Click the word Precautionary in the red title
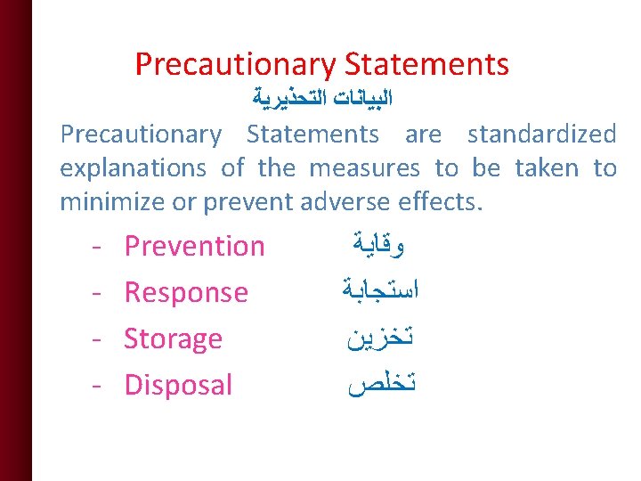pyautogui.click(x=235, y=64)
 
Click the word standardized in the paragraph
pyautogui.click(x=541, y=135)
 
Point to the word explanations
pyautogui.click(x=133, y=168)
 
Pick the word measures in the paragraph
pyautogui.click(x=366, y=168)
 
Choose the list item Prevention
pyautogui.click(x=194, y=247)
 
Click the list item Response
pyautogui.click(x=186, y=293)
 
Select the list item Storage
pyautogui.click(x=173, y=339)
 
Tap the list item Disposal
pyautogui.click(x=178, y=386)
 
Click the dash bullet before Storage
pyautogui.click(x=95, y=339)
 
